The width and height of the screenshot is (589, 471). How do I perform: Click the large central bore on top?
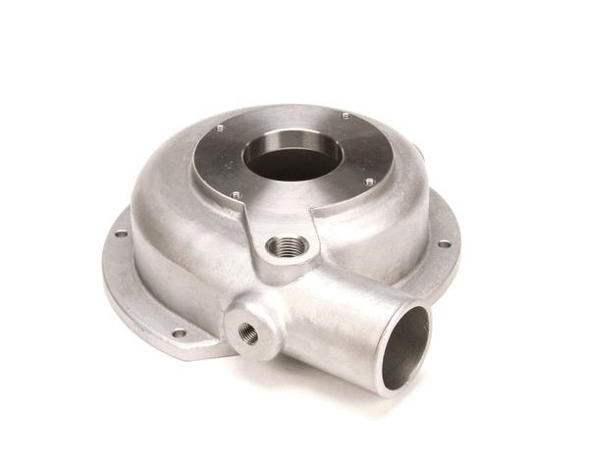(293, 156)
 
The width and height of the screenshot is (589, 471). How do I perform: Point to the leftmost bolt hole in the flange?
(120, 234)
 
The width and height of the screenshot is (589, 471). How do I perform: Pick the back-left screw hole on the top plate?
(219, 128)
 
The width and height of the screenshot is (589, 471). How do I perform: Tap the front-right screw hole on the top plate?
(369, 182)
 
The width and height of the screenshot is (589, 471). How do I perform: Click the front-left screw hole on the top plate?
(237, 194)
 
